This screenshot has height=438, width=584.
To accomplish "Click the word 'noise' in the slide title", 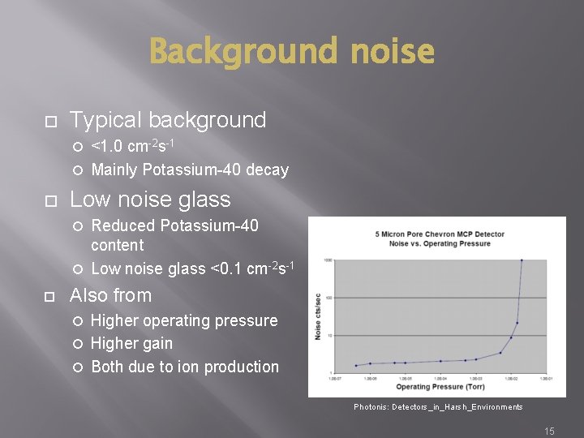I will click(x=392, y=53).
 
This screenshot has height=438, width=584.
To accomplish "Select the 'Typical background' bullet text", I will click(x=168, y=120).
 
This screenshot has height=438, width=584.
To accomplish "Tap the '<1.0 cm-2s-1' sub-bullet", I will click(x=133, y=147).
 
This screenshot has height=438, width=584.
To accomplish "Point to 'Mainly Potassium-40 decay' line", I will click(x=190, y=170).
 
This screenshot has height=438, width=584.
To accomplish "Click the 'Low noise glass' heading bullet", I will click(x=150, y=200).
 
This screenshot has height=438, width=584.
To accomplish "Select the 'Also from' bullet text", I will click(x=111, y=295).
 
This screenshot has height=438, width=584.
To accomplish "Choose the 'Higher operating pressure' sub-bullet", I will click(x=184, y=320).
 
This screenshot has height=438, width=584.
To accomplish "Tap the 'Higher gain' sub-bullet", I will click(x=131, y=344).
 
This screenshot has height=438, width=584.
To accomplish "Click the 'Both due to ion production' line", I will click(x=185, y=367).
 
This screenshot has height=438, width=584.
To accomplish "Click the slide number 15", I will click(x=549, y=432).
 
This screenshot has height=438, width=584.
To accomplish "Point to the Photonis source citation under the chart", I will click(x=438, y=406).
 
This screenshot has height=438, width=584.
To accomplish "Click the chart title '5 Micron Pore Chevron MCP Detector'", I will click(x=440, y=234).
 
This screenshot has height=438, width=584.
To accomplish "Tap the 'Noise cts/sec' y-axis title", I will click(x=319, y=316).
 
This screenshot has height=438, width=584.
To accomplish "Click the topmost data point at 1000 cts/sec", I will click(x=522, y=260).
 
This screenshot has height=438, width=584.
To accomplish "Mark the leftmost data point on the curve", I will click(x=355, y=365).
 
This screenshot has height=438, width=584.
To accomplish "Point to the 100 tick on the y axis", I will click(x=329, y=298).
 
